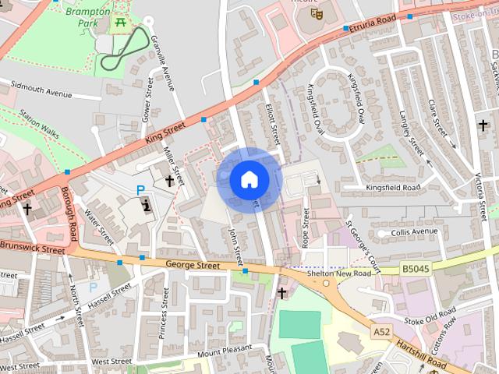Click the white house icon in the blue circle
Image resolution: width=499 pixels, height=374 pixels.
(x=249, y=179)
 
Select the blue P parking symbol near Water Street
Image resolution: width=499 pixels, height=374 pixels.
(x=140, y=189)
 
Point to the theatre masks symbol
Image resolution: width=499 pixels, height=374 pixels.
(x=317, y=13)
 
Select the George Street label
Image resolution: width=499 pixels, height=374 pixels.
(x=193, y=265)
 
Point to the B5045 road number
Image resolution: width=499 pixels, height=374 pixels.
(x=417, y=268)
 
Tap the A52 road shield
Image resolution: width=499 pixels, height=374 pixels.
(x=381, y=332)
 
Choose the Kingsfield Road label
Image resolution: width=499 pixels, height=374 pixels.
(x=393, y=188)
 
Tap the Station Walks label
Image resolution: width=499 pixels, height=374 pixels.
(x=39, y=123)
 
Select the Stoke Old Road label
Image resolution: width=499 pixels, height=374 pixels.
(x=430, y=319)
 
